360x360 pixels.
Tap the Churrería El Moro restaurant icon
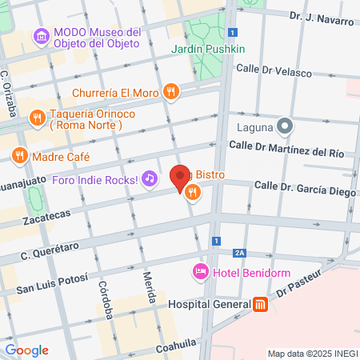tap(170, 92)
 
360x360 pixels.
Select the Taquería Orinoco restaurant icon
tap(36, 118)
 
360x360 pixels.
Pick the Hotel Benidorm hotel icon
tap(201, 272)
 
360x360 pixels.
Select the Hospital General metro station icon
tap(260, 304)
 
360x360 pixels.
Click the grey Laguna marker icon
tap(284, 126)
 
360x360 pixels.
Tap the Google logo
tap(26, 350)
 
